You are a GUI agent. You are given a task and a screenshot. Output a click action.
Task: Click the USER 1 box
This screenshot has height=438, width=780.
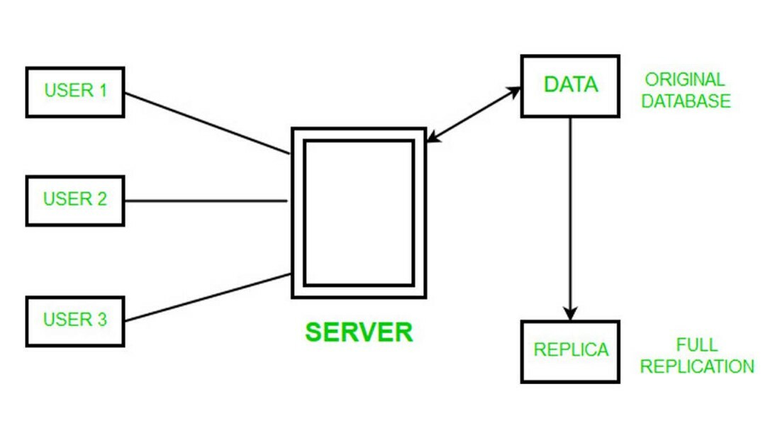tap(75, 92)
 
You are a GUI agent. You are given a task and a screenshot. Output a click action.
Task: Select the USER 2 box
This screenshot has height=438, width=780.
tap(75, 201)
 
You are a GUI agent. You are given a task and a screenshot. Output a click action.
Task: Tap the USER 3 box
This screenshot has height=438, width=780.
tap(75, 321)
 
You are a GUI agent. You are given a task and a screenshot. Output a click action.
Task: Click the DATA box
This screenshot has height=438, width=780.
tap(570, 86)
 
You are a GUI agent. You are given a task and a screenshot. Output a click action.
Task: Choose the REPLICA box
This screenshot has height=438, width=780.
tap(570, 352)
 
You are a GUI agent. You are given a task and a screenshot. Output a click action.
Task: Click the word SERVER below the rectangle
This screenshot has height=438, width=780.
tap(359, 332)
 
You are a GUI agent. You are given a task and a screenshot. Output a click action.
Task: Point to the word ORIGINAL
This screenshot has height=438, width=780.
tap(684, 80)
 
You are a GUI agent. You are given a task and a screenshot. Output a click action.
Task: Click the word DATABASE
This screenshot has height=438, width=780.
tap(686, 101)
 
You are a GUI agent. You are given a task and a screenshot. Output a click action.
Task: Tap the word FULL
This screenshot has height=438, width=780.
tap(696, 346)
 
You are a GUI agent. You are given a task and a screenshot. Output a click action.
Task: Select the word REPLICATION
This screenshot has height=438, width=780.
tap(696, 367)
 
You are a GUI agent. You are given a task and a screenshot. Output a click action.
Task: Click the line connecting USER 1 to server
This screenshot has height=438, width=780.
tap(206, 123)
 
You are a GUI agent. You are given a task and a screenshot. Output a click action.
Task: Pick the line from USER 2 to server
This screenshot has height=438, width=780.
tap(206, 201)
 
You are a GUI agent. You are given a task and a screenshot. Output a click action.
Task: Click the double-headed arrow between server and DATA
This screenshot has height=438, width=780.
tap(474, 115)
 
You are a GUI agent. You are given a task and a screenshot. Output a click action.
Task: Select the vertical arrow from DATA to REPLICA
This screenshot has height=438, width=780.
tap(570, 213)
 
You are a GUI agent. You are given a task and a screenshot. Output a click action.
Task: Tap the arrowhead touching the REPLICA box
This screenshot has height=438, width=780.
tap(570, 313)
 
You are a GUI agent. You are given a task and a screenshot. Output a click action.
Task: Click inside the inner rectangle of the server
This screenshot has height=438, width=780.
tap(359, 213)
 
